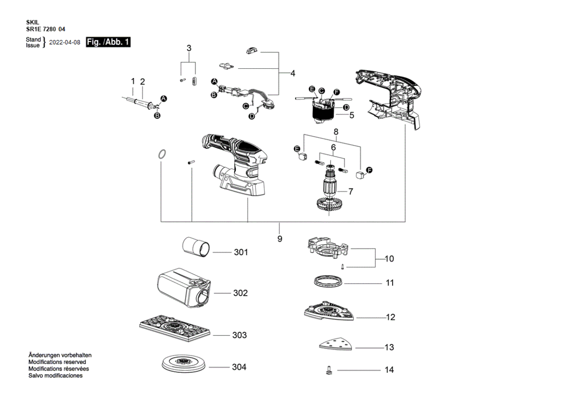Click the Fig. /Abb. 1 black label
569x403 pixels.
click(108, 42)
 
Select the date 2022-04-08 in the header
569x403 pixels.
click(65, 43)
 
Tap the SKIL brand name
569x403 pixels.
click(33, 23)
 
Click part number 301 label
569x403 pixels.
click(241, 252)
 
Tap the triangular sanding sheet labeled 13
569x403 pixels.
click(336, 343)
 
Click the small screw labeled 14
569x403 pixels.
click(329, 370)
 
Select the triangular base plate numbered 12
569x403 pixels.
click(329, 311)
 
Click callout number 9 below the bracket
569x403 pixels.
click(279, 239)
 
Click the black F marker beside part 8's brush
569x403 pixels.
click(370, 170)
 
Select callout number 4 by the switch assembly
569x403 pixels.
click(293, 73)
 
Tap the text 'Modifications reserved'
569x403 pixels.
click(57, 362)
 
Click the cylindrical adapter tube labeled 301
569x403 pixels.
click(196, 247)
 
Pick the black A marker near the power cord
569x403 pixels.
click(164, 99)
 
